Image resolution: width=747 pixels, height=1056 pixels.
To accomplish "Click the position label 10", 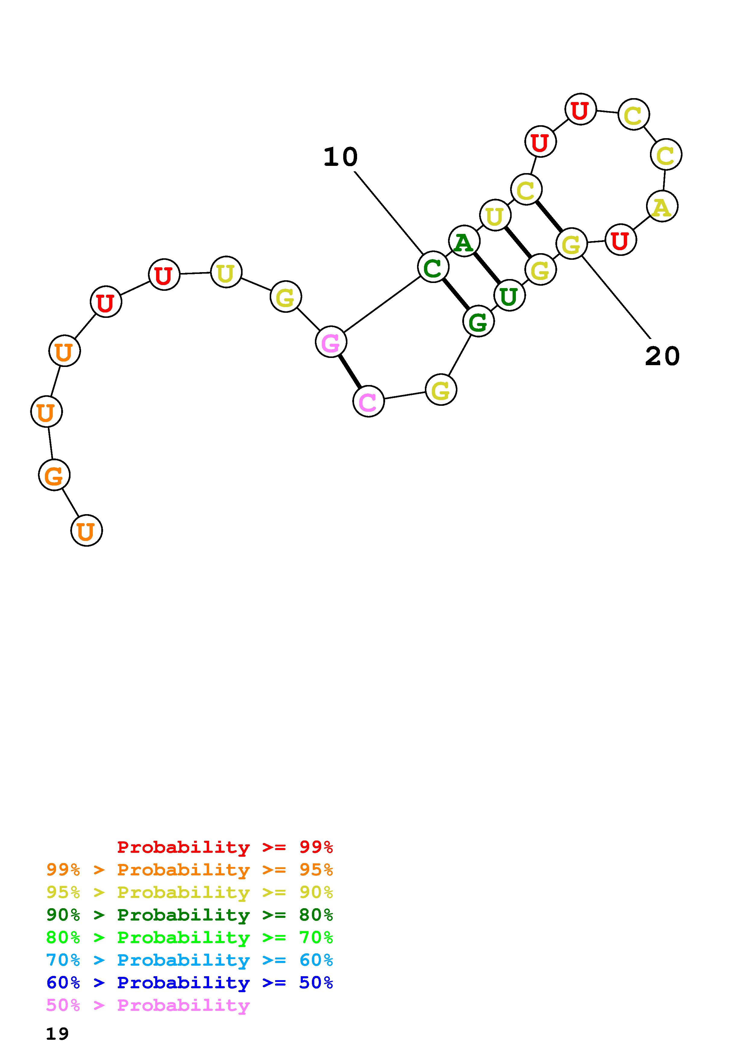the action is [340, 157].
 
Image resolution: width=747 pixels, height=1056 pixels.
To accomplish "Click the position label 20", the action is [662, 356].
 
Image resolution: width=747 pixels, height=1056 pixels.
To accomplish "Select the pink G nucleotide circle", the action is [331, 342].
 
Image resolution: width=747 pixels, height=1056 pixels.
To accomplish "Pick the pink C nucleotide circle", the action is [368, 402].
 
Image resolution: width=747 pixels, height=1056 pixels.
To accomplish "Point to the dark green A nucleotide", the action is [464, 241].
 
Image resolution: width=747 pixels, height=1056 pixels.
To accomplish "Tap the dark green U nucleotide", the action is [509, 296].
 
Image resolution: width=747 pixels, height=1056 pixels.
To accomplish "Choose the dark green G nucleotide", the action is [478, 321].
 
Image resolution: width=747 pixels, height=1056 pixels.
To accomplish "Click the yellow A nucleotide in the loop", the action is [662, 207].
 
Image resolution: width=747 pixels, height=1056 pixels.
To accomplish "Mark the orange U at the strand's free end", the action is [86, 531].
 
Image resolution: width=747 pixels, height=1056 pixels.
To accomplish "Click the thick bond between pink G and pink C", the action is [349, 372].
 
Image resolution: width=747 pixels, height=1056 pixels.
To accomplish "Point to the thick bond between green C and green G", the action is [456, 294].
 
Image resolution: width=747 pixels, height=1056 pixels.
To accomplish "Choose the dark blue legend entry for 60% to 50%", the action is [190, 983].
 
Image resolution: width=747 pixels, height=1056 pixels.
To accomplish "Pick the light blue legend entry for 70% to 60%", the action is [190, 960].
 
